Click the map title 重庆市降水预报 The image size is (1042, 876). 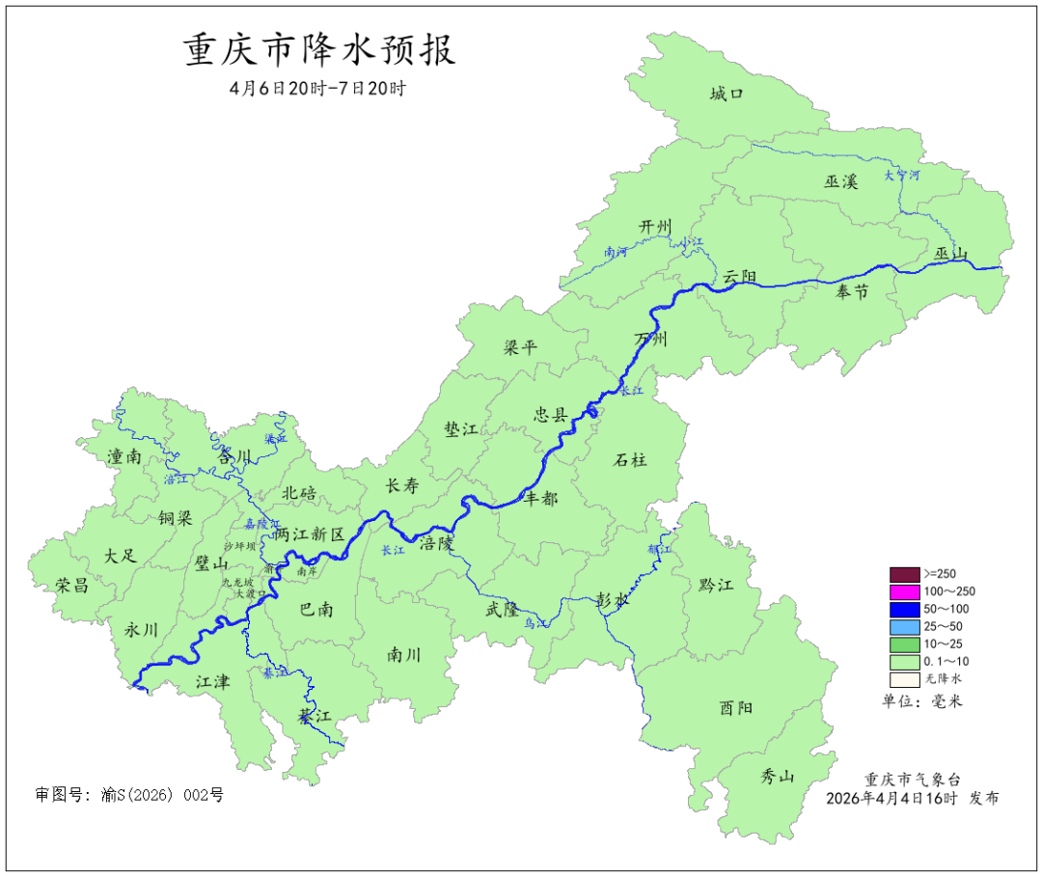(319, 50)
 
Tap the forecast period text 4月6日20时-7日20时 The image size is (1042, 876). (317, 88)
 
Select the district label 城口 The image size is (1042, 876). (727, 94)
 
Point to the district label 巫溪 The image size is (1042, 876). (840, 181)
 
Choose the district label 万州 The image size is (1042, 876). (650, 340)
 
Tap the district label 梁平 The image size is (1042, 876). (520, 348)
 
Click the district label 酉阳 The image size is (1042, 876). (736, 707)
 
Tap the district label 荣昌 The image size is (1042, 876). (71, 585)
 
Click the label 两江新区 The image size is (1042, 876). (309, 534)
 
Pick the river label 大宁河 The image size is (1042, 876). (902, 176)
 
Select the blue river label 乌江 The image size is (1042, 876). (535, 624)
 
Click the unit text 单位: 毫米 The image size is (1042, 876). (921, 701)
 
